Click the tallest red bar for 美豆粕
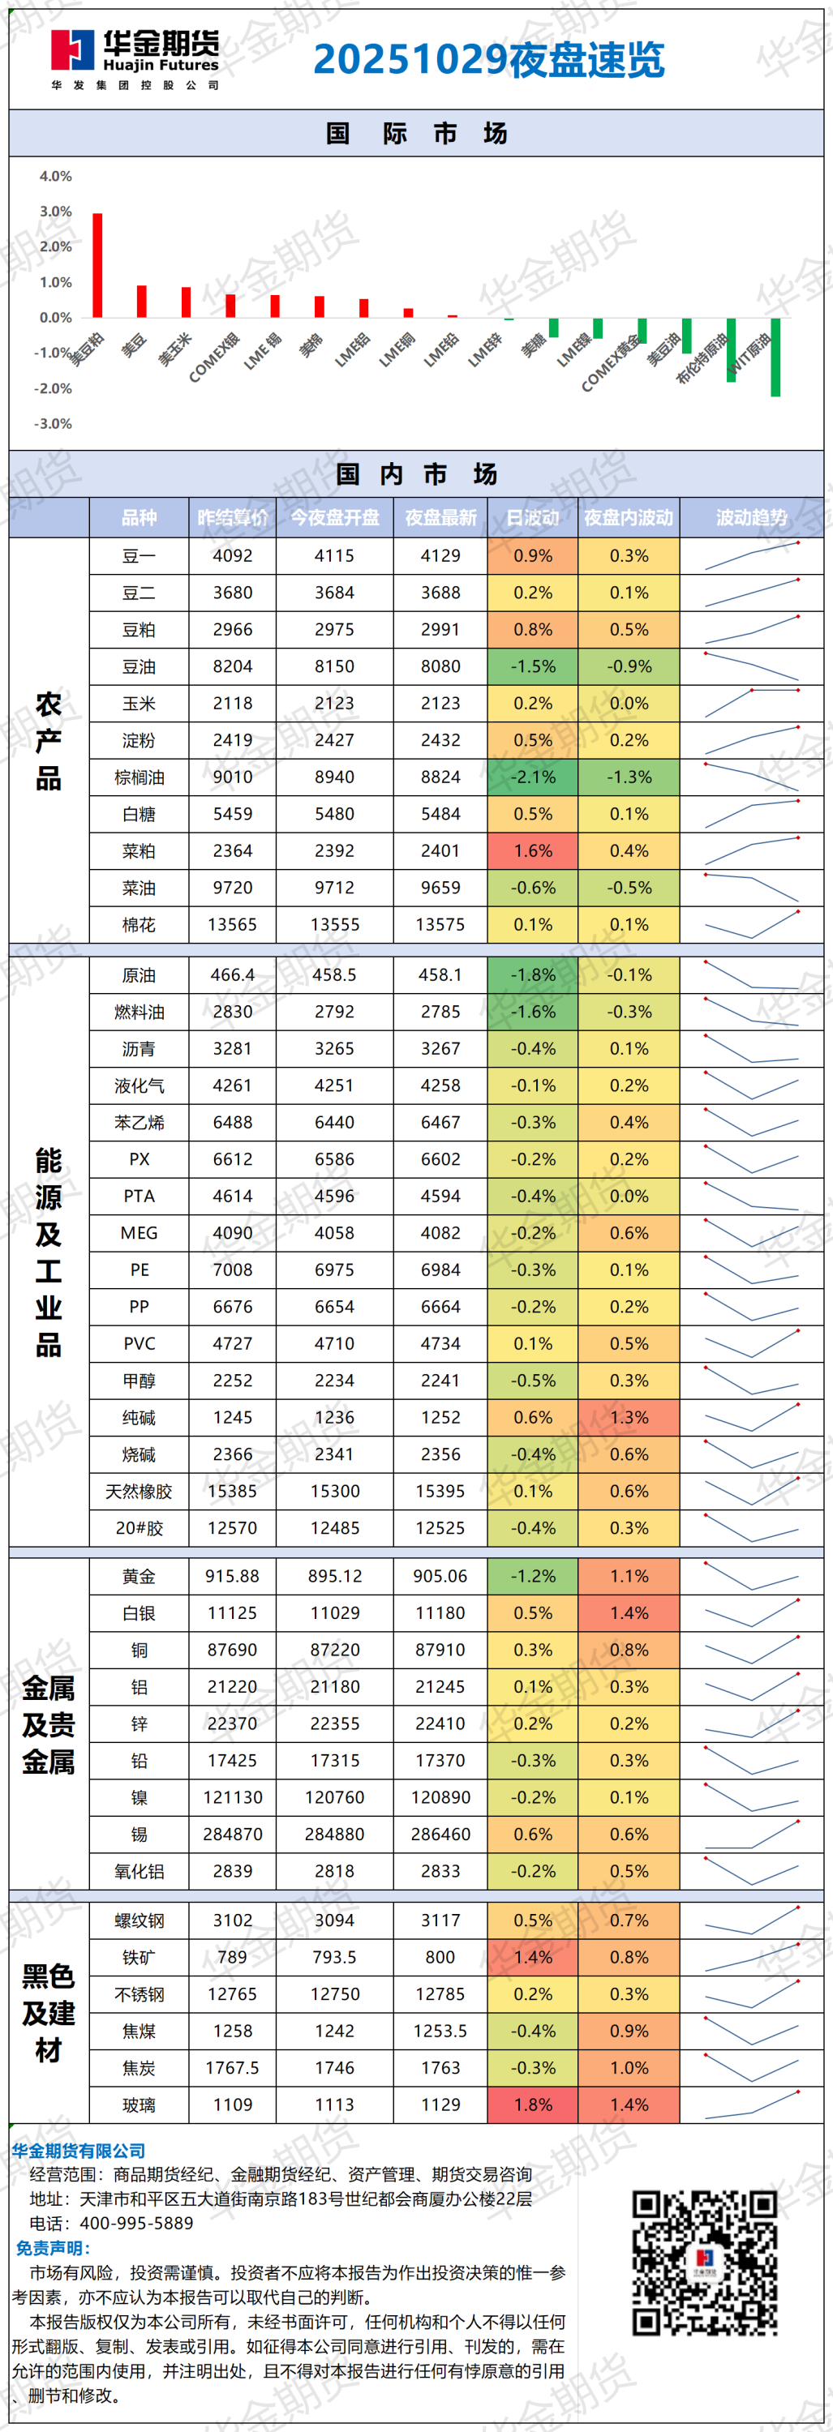click(97, 265)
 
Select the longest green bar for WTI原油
click(775, 357)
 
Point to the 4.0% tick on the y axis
click(56, 177)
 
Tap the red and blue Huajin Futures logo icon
click(73, 51)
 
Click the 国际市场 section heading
click(417, 133)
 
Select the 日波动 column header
click(533, 517)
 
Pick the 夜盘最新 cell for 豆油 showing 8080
click(440, 666)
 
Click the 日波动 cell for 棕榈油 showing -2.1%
click(533, 777)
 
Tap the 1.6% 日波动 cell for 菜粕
click(533, 850)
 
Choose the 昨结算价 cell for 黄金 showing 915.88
click(232, 1576)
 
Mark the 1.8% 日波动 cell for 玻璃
click(533, 2104)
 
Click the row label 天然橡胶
click(139, 1492)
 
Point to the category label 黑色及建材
click(48, 2012)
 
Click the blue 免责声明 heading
click(53, 2248)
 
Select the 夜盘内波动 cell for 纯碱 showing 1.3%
click(629, 1417)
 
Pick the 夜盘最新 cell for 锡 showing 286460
click(440, 1835)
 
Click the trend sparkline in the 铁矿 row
click(752, 1957)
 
